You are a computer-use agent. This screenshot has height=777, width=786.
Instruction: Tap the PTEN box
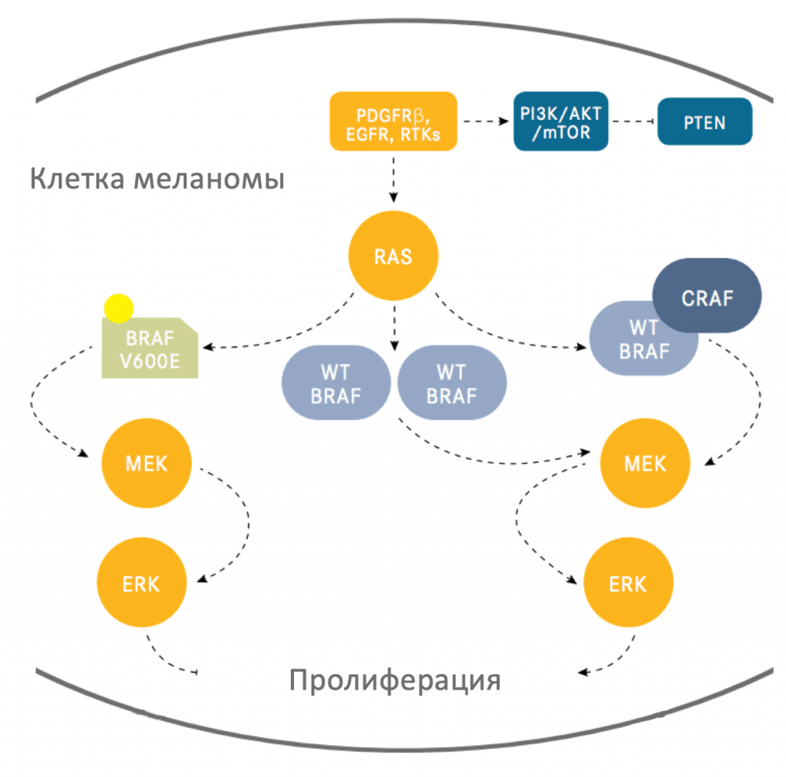[704, 121]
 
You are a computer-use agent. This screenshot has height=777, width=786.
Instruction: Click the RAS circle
[393, 256]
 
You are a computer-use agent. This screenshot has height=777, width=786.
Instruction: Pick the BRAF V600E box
[151, 349]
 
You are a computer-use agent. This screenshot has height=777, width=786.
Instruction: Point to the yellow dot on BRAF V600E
[119, 307]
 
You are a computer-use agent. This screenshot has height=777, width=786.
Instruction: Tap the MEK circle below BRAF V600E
[147, 463]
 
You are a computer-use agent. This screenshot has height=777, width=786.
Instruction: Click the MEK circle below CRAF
[645, 464]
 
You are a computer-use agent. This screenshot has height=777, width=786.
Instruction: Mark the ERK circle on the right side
[629, 584]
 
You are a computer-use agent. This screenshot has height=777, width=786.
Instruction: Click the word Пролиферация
[395, 679]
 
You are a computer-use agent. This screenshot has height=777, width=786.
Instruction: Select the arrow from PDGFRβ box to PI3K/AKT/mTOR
[485, 121]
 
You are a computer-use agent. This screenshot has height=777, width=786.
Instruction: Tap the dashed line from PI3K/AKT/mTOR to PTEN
[632, 121]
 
